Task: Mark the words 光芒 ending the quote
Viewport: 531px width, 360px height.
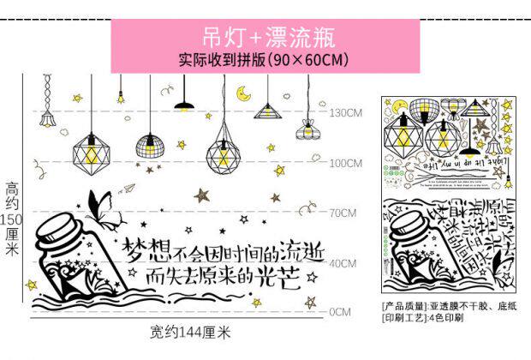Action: (x=277, y=277)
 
